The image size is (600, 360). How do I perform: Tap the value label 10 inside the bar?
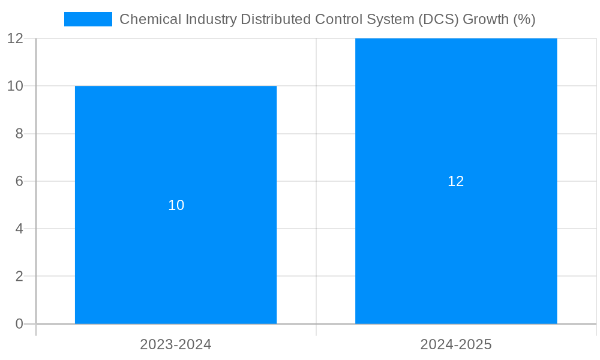(176, 205)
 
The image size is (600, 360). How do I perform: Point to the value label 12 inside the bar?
(456, 181)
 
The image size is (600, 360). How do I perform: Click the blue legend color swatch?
(88, 19)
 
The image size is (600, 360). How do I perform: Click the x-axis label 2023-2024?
(176, 344)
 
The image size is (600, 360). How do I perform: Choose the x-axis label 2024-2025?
(456, 344)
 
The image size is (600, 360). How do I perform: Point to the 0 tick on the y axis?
(19, 324)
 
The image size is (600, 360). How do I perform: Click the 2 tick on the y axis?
(19, 277)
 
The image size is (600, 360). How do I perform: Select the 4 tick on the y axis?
(19, 229)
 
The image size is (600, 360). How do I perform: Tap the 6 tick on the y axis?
(19, 181)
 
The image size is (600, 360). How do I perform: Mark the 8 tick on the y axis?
(19, 134)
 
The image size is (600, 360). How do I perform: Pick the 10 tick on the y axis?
(15, 86)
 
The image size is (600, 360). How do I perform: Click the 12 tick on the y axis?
(15, 38)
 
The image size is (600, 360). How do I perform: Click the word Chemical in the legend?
(145, 19)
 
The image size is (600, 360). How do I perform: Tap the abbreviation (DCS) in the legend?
(435, 19)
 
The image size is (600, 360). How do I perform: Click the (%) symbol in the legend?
(524, 19)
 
